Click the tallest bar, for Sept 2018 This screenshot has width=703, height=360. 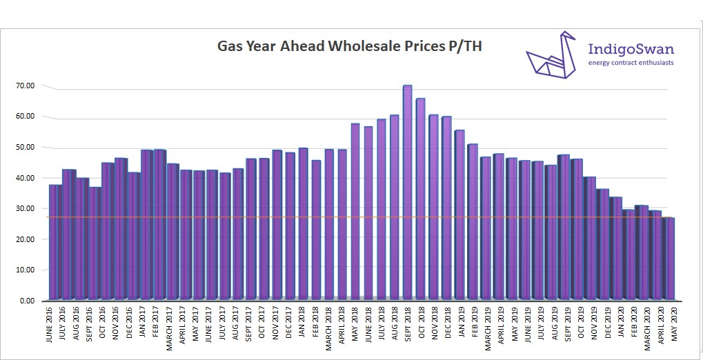coord(407,193)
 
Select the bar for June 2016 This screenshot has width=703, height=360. coord(55,242)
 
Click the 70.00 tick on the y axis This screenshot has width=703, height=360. coord(26,86)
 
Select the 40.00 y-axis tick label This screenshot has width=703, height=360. coord(26,178)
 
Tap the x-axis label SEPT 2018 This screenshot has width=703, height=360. coord(408,327)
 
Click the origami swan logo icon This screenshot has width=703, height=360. coord(551,55)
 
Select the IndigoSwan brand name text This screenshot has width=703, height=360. coord(631,49)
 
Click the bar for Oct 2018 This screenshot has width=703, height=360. coord(421,199)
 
